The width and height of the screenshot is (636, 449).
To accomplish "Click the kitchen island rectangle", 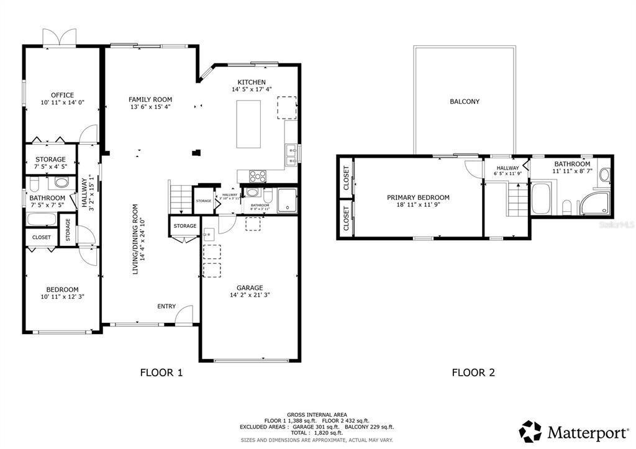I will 248,124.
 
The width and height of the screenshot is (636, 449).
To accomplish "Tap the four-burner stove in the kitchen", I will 257,176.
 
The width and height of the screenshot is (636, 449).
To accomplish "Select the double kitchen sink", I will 290,155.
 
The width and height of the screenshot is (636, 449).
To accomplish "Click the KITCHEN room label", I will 252,82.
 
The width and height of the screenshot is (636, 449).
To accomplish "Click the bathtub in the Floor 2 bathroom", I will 541,199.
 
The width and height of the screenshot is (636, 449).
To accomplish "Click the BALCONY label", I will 465,101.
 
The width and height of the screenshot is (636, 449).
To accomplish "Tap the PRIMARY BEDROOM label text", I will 418,197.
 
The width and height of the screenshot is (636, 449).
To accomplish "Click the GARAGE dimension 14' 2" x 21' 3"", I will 250,296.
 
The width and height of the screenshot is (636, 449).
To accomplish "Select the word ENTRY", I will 166,306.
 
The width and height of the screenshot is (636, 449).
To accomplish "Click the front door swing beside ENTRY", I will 184,315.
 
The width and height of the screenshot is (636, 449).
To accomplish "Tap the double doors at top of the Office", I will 59,37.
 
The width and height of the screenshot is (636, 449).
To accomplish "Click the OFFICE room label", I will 62,95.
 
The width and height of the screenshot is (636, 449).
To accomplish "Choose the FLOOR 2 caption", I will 473,373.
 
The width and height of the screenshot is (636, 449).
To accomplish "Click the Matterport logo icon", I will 531,431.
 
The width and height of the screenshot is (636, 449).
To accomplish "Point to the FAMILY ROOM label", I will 150,99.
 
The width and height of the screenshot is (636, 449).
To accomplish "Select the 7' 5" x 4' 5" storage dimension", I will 50,167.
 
